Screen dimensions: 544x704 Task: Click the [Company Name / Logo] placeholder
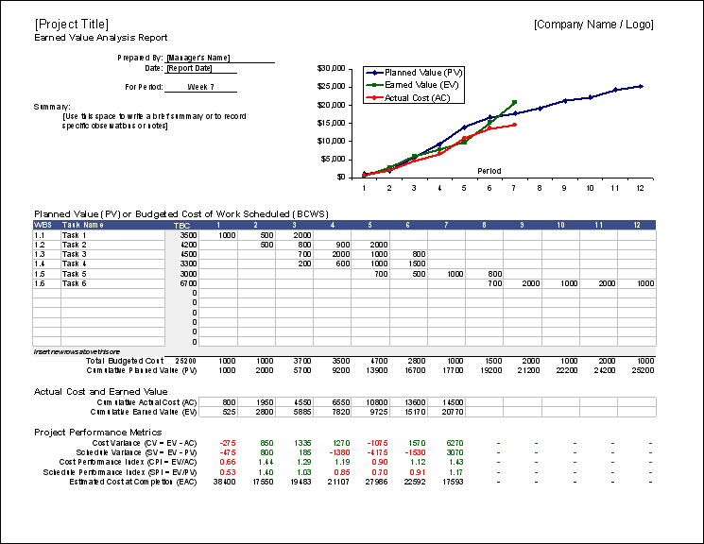click(592, 24)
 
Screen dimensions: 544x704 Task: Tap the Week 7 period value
click(200, 87)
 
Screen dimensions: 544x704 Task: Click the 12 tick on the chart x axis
click(640, 188)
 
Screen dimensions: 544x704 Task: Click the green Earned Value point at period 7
click(514, 102)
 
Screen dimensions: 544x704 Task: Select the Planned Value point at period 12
click(640, 86)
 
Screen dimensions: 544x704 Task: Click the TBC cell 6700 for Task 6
click(187, 283)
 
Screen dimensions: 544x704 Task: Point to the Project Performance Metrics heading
click(99, 432)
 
